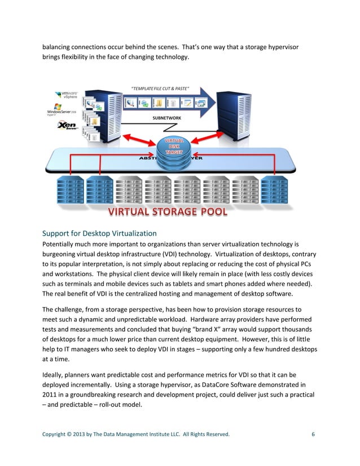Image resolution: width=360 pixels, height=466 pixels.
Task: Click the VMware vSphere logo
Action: coord(67,96)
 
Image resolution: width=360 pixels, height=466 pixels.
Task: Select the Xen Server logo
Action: coord(67,125)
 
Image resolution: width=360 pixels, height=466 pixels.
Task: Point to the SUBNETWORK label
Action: coord(167,118)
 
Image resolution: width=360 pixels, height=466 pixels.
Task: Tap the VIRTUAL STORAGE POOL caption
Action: coord(168,212)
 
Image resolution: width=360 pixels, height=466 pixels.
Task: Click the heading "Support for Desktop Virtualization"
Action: coord(99,234)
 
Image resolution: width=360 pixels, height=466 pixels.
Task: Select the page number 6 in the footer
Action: coord(313,434)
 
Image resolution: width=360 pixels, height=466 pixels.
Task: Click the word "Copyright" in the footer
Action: coord(55,434)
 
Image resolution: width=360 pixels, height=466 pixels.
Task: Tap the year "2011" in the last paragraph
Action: coord(51,395)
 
